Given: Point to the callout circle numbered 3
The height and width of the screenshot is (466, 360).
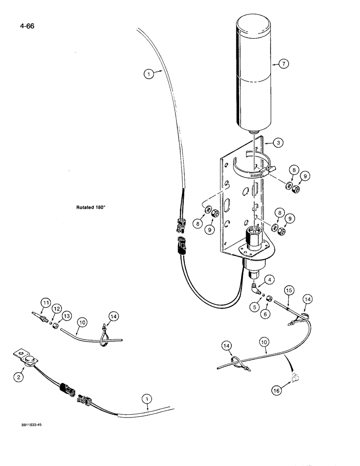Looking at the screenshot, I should (x=279, y=144).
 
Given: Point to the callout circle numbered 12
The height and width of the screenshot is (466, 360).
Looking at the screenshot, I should (x=56, y=308).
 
